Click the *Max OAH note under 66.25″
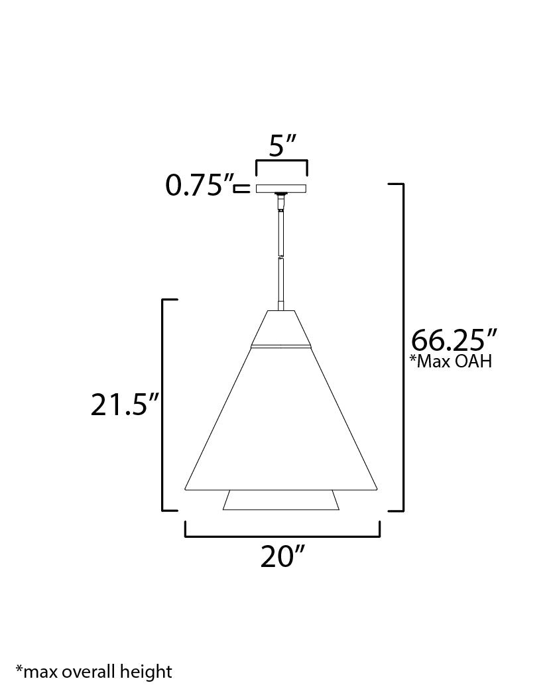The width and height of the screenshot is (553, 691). (452, 362)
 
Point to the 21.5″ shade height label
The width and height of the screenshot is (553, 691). (125, 405)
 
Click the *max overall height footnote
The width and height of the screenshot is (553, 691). (93, 672)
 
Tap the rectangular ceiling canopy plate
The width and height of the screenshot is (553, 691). (282, 188)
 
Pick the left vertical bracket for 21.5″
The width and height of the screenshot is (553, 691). (164, 405)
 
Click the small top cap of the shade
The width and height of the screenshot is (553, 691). (282, 328)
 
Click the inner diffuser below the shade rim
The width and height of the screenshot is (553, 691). (282, 501)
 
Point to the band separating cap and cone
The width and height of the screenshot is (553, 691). (282, 345)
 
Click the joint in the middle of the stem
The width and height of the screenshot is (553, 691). (282, 257)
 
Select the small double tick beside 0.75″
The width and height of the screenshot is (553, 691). (243, 188)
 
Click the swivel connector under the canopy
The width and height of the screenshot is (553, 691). (282, 197)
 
